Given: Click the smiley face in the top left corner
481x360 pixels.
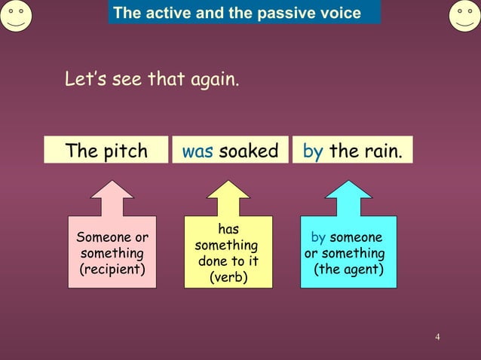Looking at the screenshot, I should tap(15, 16).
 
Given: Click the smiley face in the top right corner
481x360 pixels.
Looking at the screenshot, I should tap(464, 16).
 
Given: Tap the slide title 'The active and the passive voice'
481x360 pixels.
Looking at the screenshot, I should tap(237, 13).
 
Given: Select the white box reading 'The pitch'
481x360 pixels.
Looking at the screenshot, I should tap(106, 151).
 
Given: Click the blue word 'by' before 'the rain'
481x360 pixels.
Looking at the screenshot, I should tap(313, 151).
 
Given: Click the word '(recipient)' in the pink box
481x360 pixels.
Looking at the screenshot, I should tap(112, 269).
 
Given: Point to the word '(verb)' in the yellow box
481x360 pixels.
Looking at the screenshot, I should tap(228, 278).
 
